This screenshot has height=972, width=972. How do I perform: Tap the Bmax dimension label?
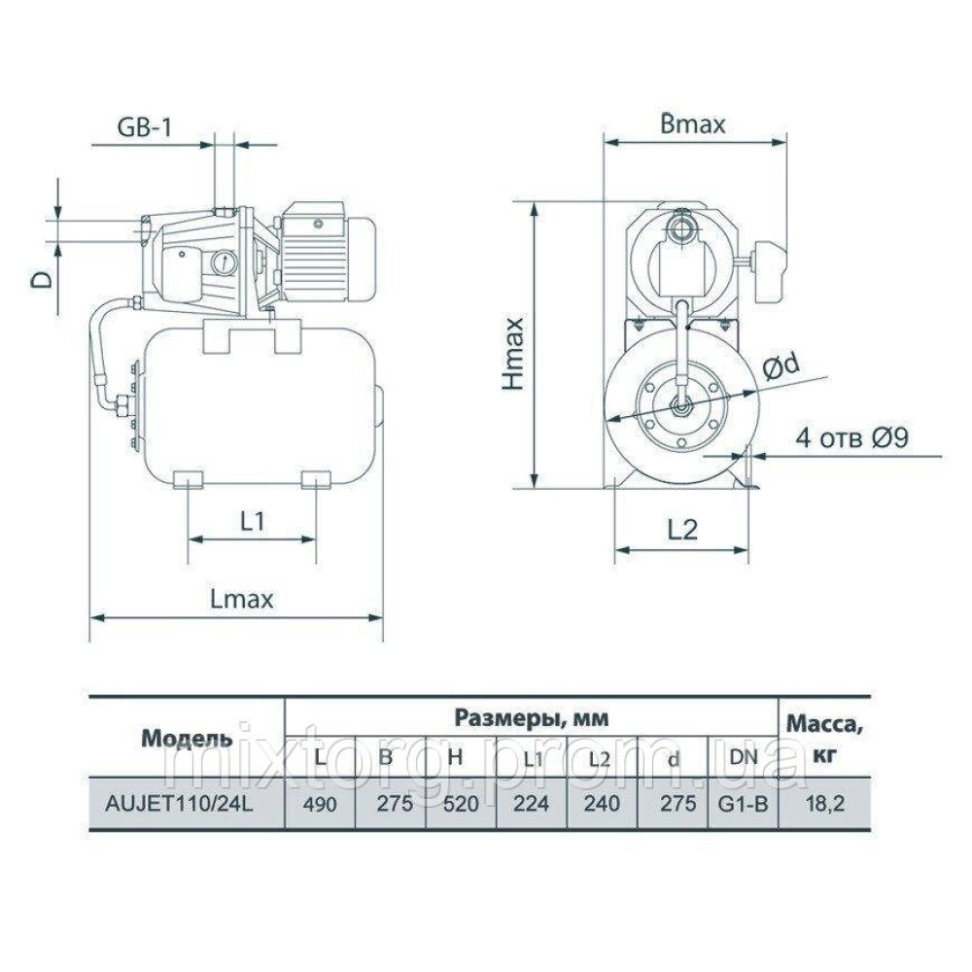tap(693, 123)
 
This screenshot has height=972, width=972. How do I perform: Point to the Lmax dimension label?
tap(242, 599)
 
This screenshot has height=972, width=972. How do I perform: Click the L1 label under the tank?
tap(253, 521)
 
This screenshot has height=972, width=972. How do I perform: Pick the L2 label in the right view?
tap(683, 529)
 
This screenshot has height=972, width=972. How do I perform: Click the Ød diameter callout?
tap(782, 368)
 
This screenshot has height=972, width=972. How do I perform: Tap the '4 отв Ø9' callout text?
tap(851, 438)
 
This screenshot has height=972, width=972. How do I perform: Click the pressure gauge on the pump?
tap(221, 261)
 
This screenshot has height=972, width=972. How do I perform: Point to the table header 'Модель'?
tap(187, 737)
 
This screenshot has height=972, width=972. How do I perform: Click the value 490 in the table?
tap(320, 803)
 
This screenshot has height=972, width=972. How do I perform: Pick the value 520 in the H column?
tap(461, 803)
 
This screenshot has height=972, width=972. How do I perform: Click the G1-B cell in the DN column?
tap(743, 803)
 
